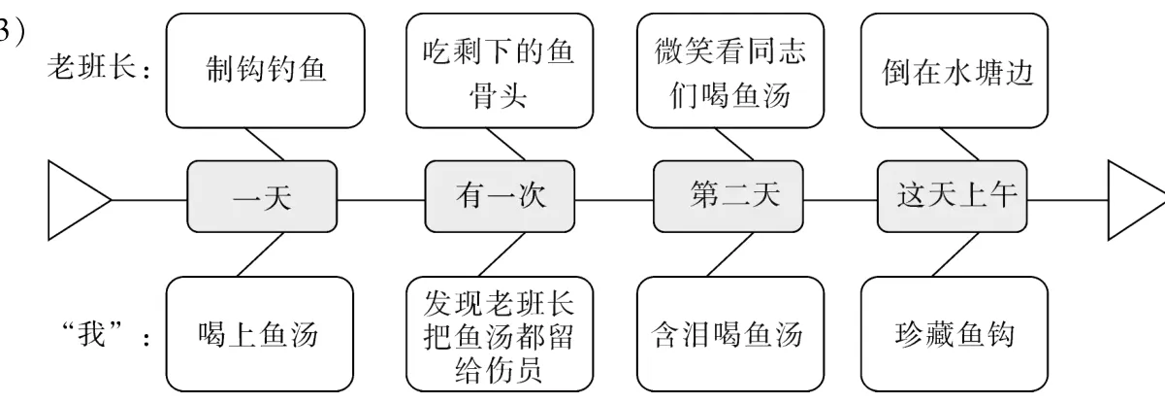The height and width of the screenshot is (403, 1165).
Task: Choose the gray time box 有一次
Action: [x=500, y=198]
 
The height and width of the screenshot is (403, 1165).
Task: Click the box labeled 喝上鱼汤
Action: [x=260, y=336]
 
